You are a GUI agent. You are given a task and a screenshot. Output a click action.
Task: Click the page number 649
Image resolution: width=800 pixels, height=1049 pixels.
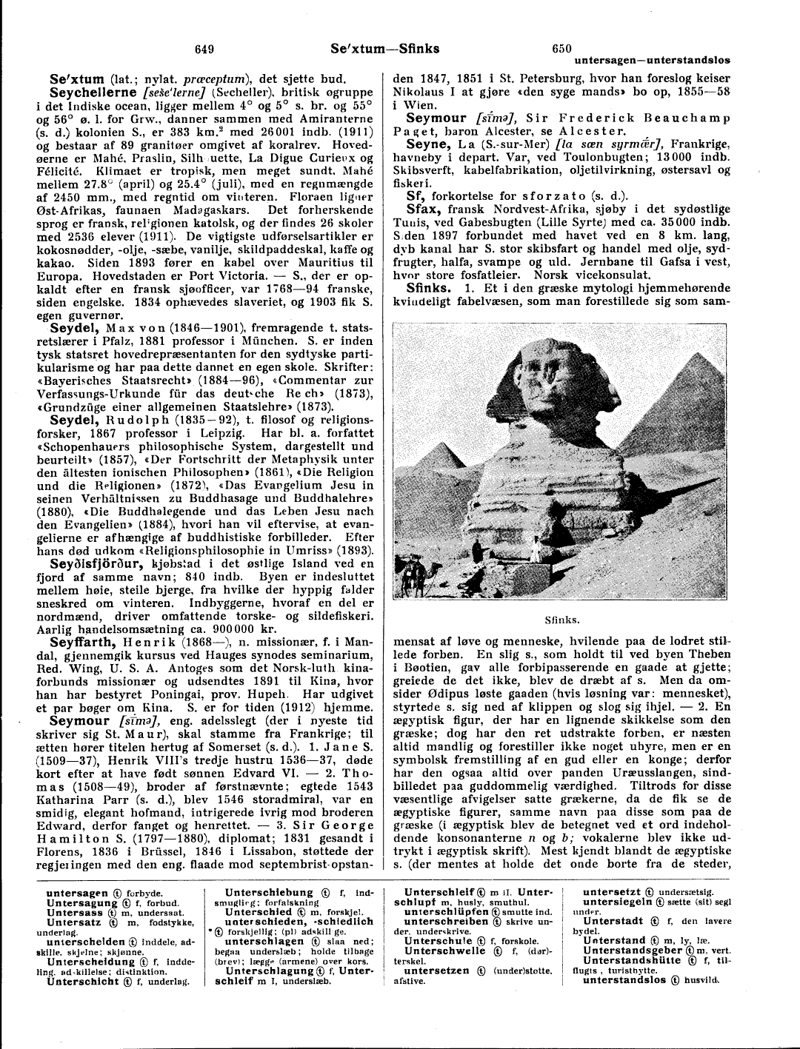click(x=204, y=49)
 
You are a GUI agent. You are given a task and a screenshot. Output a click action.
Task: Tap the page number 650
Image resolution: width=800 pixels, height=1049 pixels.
click(x=561, y=49)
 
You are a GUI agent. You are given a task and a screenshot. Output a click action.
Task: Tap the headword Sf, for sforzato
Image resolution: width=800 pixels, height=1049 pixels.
click(x=415, y=196)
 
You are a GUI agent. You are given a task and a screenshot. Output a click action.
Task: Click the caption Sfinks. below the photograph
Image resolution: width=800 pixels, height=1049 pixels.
click(x=561, y=620)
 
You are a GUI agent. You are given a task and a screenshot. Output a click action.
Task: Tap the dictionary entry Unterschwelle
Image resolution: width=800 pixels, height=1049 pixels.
click(x=445, y=951)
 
